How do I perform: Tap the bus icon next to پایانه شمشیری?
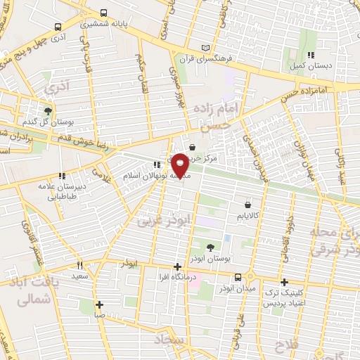(104, 13)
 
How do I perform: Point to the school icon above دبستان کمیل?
(310, 55)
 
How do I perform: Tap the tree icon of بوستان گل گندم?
(48, 111)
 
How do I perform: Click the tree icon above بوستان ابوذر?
(211, 247)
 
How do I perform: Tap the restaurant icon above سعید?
(79, 265)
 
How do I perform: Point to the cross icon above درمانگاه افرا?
(178, 266)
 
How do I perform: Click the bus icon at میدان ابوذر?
(238, 277)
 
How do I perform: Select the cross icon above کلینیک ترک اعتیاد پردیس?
(284, 281)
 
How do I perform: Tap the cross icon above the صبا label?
(100, 304)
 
